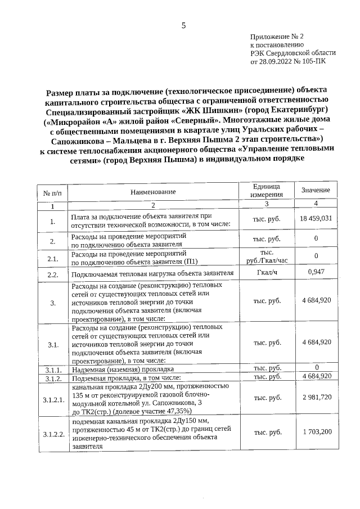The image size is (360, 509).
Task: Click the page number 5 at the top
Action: click(x=183, y=25)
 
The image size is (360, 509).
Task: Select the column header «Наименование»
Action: click(x=153, y=192)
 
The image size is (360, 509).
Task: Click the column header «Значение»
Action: click(x=316, y=190)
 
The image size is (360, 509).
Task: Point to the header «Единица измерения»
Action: click(x=267, y=191)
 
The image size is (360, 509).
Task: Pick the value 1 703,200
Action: click(x=316, y=432)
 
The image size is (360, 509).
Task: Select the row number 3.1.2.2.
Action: click(x=53, y=433)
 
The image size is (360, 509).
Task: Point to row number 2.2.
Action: click(x=53, y=275)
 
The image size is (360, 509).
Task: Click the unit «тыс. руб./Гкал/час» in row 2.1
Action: click(x=267, y=256)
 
